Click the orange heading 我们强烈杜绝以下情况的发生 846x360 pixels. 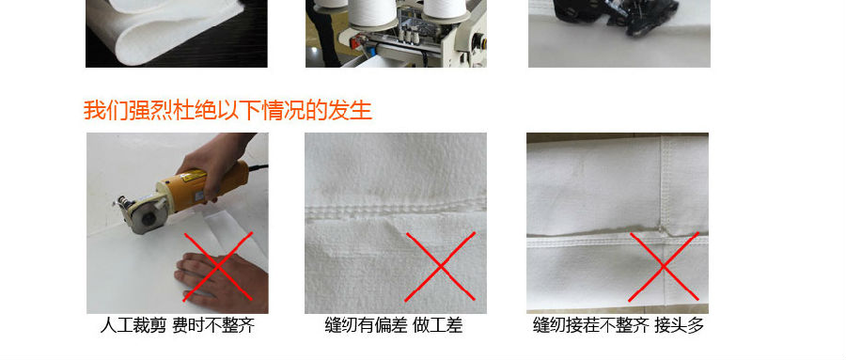coord(227,111)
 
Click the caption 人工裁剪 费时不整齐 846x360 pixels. coord(178,325)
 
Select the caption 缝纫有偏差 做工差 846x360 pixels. coord(394,325)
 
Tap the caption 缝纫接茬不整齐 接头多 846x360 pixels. coord(619,325)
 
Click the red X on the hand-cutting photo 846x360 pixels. coord(218,267)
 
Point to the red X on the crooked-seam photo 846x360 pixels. coord(440,267)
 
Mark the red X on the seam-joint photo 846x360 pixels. coord(664,267)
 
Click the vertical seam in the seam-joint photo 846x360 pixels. coord(662,183)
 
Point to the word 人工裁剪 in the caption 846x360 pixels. coord(133,325)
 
